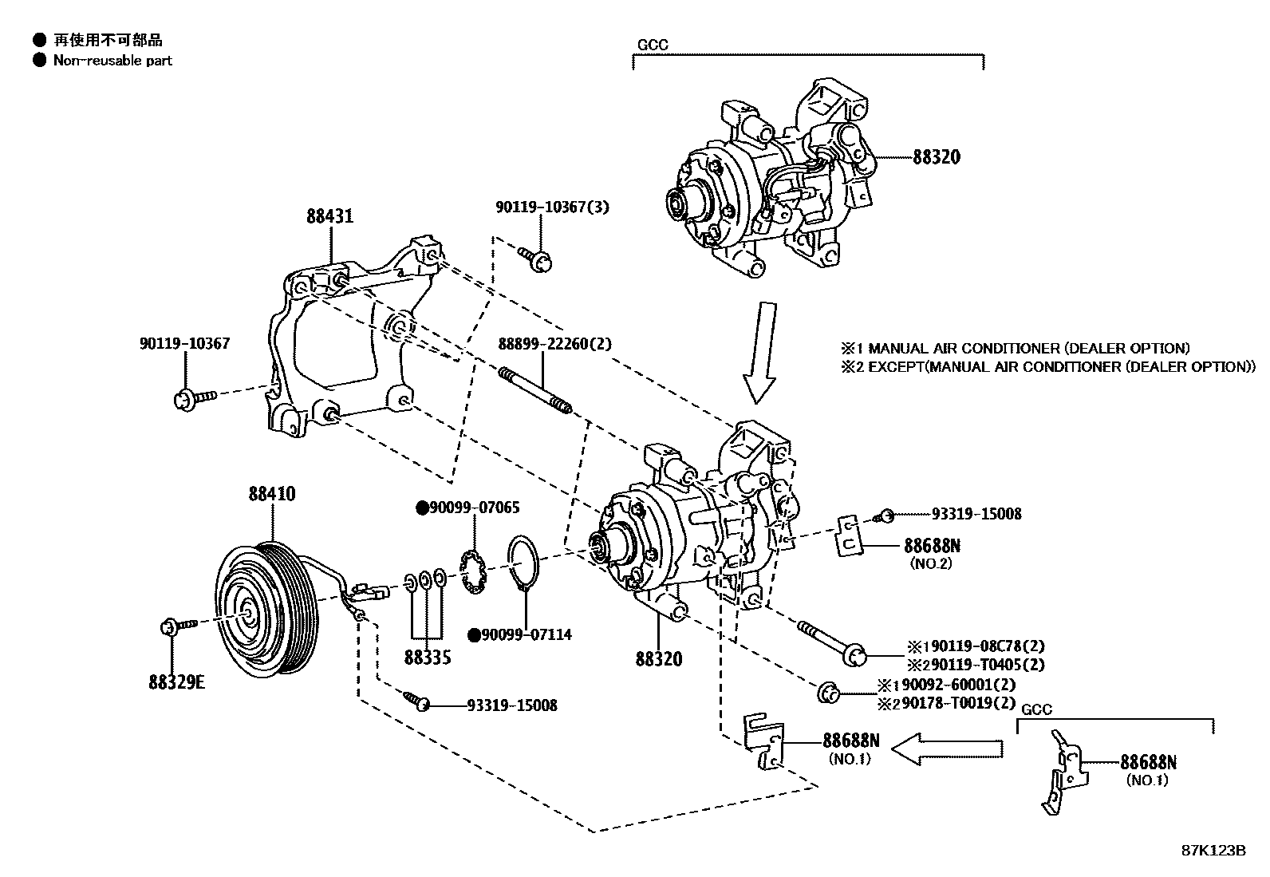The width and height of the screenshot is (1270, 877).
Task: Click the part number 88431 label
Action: click(x=329, y=216)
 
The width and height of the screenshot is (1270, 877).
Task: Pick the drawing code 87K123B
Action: click(x=1213, y=850)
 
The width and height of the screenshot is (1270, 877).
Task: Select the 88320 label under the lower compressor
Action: click(x=659, y=659)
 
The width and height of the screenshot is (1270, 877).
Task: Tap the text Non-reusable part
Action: click(x=112, y=61)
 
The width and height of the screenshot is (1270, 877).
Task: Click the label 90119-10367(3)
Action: click(x=551, y=207)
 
